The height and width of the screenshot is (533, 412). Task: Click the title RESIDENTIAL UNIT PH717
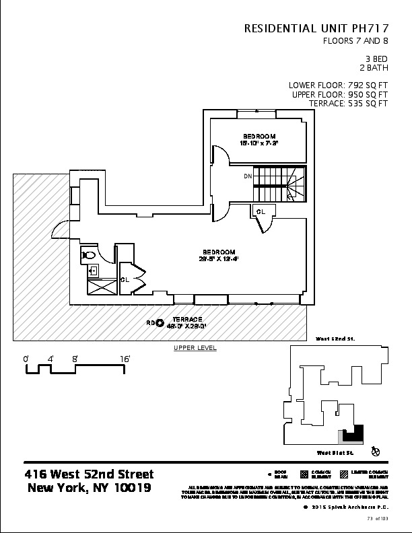pyautogui.click(x=316, y=28)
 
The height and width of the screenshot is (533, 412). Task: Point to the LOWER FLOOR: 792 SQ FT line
pyautogui.click(x=338, y=85)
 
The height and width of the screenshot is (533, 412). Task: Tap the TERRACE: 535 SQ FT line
pyautogui.click(x=348, y=104)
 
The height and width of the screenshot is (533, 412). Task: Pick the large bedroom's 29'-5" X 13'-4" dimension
pyautogui.click(x=219, y=257)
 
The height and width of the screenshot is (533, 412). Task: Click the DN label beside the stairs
pyautogui.click(x=248, y=177)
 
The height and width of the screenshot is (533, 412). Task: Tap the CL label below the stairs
pyautogui.click(x=261, y=211)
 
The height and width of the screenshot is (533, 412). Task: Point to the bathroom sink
pyautogui.click(x=94, y=270)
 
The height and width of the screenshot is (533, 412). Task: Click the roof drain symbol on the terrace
pyautogui.click(x=160, y=322)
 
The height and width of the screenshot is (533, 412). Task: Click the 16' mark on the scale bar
pyautogui.click(x=126, y=359)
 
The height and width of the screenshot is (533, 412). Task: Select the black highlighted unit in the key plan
pyautogui.click(x=353, y=435)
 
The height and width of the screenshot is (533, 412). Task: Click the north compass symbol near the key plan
pyautogui.click(x=376, y=451)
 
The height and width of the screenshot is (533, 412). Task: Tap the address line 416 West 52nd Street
pyautogui.click(x=89, y=474)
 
